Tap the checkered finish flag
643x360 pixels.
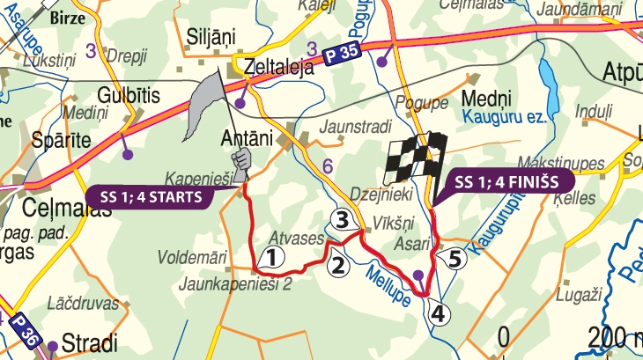coord(413,158)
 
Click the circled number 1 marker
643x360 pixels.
coord(272,257)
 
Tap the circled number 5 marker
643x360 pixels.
coord(455,259)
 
